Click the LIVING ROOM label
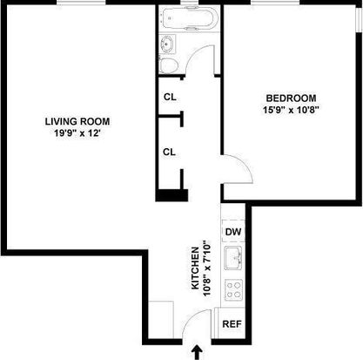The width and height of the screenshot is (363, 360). click(x=77, y=121)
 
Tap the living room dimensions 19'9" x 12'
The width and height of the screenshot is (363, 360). click(x=77, y=133)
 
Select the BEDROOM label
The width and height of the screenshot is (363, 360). click(x=291, y=98)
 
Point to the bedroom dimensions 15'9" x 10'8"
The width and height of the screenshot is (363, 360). click(x=291, y=110)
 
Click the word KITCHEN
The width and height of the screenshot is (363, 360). click(x=195, y=268)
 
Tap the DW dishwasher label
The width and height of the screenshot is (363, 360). click(x=233, y=232)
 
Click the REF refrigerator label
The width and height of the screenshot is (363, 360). click(x=232, y=323)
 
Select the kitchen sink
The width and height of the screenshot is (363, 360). click(x=233, y=257)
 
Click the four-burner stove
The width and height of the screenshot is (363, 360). click(x=234, y=290)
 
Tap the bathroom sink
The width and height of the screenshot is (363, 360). click(x=167, y=44)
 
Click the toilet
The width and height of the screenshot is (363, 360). click(x=168, y=65)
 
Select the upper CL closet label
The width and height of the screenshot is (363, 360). click(x=170, y=97)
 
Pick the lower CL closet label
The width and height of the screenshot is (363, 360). click(x=169, y=152)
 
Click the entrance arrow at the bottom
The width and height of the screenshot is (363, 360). click(x=198, y=352)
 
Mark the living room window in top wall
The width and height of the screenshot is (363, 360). click(x=81, y=3)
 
